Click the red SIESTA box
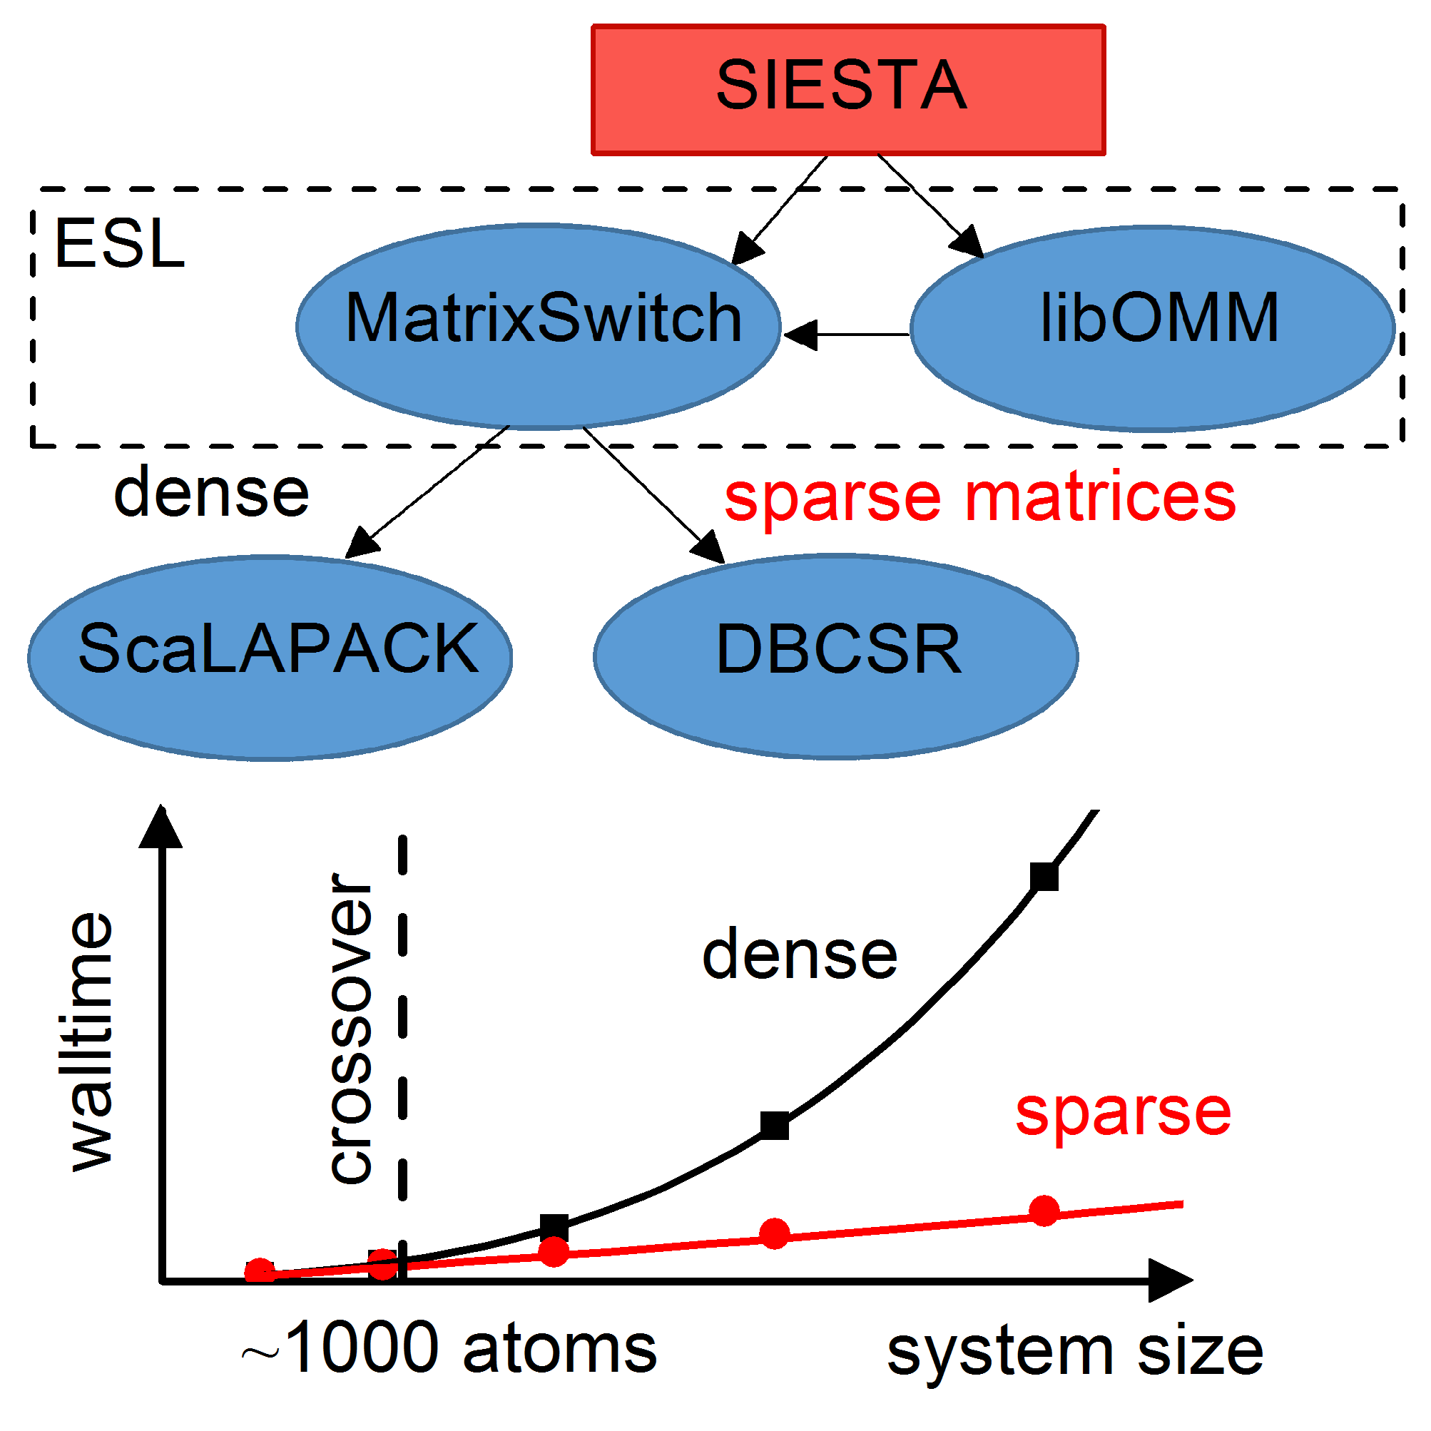click(x=848, y=90)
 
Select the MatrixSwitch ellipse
click(x=539, y=327)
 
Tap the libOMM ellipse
click(x=1153, y=328)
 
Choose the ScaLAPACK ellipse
click(x=270, y=658)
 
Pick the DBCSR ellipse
click(x=835, y=656)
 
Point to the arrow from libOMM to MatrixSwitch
click(x=847, y=335)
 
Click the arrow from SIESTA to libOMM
click(x=931, y=206)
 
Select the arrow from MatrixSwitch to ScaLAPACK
click(x=427, y=492)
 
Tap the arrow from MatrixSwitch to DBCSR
click(x=654, y=494)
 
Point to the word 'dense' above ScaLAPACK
click(x=211, y=492)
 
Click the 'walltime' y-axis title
click(x=91, y=1042)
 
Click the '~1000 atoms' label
click(x=449, y=1347)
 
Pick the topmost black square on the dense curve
click(x=1044, y=877)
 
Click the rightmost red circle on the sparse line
click(x=1044, y=1211)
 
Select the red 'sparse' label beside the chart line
click(x=1123, y=1115)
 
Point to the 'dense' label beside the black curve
click(x=800, y=954)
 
